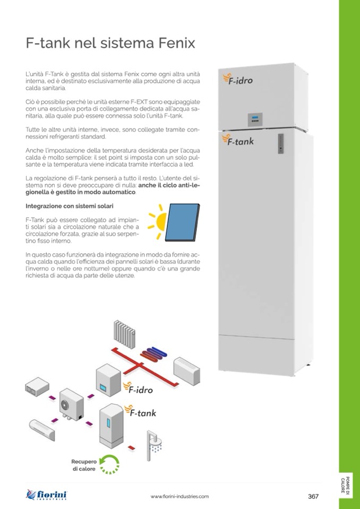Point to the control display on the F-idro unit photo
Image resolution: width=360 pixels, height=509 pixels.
(255, 119)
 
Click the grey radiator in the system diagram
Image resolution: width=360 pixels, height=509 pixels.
(126, 333)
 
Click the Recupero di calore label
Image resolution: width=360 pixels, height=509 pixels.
(84, 465)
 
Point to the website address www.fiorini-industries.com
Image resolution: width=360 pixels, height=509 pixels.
(179, 496)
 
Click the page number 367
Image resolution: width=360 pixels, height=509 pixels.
(313, 496)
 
